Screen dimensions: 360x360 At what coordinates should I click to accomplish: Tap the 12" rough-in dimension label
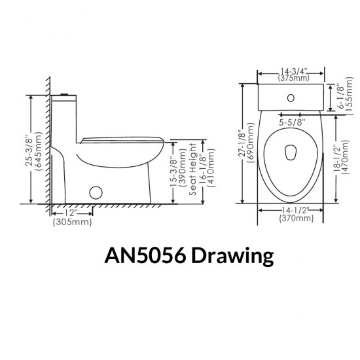point(72,213)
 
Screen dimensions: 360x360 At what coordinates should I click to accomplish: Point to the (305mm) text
point(72,222)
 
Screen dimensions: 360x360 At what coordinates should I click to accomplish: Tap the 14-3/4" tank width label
point(292,72)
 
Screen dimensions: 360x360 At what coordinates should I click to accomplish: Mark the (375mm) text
point(292,80)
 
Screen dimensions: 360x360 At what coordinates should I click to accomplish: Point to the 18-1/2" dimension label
point(338,159)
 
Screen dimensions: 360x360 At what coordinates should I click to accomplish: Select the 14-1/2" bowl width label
point(292,209)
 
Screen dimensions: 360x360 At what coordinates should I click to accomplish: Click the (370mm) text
point(292,218)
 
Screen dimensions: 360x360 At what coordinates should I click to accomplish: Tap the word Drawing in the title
point(232,256)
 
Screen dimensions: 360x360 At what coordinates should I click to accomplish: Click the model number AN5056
point(143,256)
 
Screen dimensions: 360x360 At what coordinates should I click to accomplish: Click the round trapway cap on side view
point(96,193)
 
